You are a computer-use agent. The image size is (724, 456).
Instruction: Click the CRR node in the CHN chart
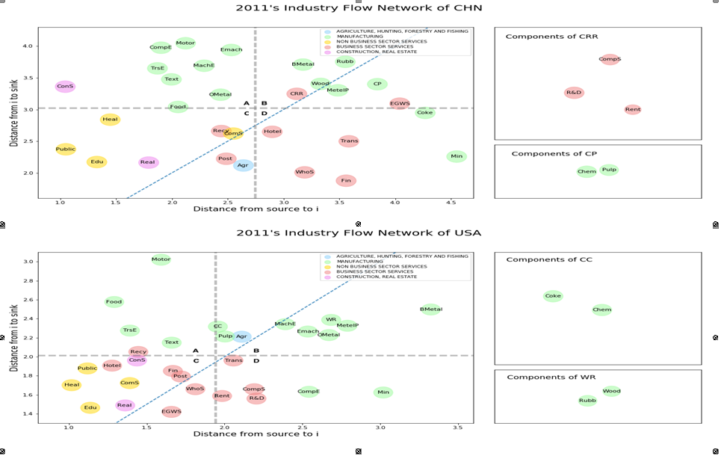(x=297, y=94)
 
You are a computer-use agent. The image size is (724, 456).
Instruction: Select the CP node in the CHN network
(x=377, y=84)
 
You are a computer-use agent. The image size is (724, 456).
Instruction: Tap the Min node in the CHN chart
(x=457, y=156)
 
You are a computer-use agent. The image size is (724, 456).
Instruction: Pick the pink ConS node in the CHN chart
(x=65, y=87)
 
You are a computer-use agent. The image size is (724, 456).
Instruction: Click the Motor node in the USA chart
(x=161, y=259)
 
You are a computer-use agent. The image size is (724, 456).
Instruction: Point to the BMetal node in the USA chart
(x=430, y=309)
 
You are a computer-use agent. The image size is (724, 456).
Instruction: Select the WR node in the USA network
(x=331, y=320)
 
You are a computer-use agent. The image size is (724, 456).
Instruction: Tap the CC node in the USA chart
(x=217, y=326)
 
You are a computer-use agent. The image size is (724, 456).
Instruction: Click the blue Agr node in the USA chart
(x=241, y=336)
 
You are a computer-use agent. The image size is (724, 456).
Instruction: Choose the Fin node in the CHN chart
(x=345, y=180)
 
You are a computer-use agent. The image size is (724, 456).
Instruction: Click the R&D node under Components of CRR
(x=574, y=93)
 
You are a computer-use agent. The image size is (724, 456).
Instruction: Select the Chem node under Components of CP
(x=587, y=172)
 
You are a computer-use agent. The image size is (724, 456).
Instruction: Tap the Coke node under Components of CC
(x=553, y=296)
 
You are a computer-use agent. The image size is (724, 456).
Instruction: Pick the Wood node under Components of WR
(x=611, y=391)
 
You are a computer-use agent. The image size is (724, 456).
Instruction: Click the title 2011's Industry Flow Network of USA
(x=359, y=232)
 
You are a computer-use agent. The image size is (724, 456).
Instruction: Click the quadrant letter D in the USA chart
(x=256, y=361)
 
